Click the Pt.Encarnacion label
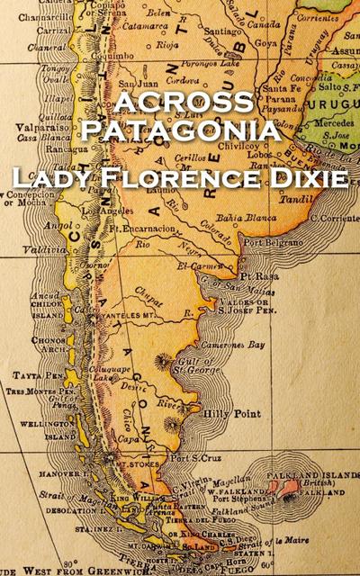[x=139, y=229]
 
